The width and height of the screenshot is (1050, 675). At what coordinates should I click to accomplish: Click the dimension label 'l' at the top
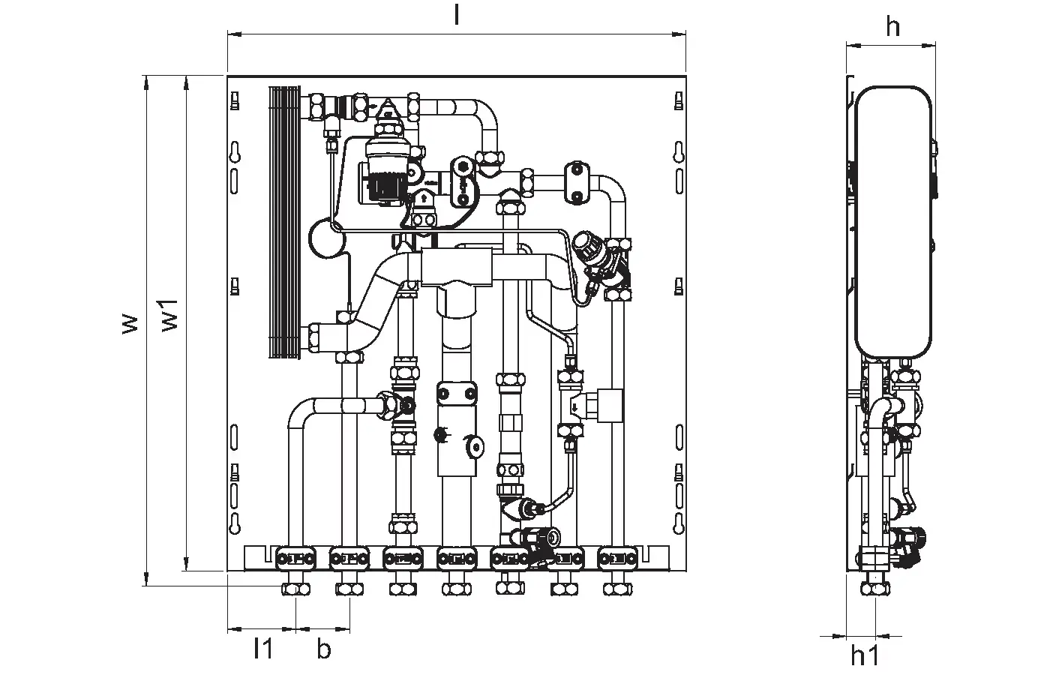(456, 16)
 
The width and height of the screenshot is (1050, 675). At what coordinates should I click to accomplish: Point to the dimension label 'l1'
(262, 649)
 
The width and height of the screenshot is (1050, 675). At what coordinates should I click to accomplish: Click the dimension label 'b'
(323, 649)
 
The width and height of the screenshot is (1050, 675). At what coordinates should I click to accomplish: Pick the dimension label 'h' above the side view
(892, 27)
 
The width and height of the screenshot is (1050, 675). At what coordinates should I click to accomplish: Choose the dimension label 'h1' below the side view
(865, 657)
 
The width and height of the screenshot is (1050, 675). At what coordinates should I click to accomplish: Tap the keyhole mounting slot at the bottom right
(679, 522)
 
